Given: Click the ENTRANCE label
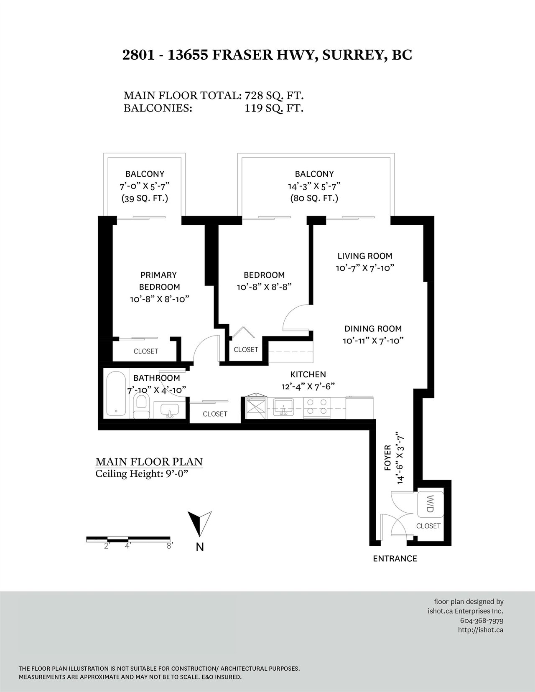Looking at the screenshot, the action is (x=395, y=558).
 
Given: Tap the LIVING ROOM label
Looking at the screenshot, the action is (x=364, y=256).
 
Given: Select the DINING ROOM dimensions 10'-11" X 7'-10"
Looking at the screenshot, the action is (x=373, y=341).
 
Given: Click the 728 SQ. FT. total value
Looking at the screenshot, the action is (x=274, y=95).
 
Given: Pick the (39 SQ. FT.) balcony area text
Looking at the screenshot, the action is (x=145, y=198).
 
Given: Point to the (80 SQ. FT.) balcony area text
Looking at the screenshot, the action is (x=314, y=198).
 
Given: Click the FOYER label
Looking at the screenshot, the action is (x=387, y=458).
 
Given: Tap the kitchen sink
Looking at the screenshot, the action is (x=283, y=408).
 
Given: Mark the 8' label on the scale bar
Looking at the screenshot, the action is (x=169, y=545).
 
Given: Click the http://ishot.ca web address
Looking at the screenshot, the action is (x=481, y=630).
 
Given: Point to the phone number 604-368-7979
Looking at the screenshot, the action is (x=481, y=621).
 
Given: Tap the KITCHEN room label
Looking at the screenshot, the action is (x=308, y=374).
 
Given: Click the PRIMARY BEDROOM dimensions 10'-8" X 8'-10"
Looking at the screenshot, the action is (x=160, y=299).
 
